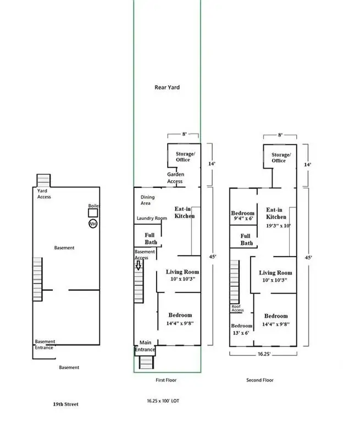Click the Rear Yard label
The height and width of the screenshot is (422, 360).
[x=167, y=87]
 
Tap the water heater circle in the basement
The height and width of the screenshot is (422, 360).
[x=93, y=224]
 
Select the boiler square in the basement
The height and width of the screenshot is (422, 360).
[x=93, y=213]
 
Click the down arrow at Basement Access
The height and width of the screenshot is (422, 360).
[x=138, y=265]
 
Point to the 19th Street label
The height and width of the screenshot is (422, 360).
[x=66, y=404]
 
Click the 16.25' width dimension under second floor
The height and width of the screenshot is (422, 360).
[x=264, y=354]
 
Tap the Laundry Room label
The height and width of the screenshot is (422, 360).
[x=152, y=218]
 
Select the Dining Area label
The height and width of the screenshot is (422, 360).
[x=147, y=200]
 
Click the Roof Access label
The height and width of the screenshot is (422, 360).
[x=237, y=308]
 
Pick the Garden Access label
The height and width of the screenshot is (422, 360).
[x=175, y=177]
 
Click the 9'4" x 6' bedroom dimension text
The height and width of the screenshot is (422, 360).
[x=243, y=218]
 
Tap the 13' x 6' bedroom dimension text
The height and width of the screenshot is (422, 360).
[x=241, y=333]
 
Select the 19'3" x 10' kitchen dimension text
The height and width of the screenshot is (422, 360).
[x=279, y=225]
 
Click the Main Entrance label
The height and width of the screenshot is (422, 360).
[x=145, y=346]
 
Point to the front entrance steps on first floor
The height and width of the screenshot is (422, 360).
[x=146, y=363]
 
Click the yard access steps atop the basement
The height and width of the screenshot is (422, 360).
[x=43, y=180]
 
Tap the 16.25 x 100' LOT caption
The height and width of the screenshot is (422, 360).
[x=163, y=401]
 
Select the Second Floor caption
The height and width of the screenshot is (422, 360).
[x=260, y=380]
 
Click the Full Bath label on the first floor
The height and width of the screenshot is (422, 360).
[x=150, y=238]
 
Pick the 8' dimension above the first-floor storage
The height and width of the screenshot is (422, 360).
[x=184, y=134]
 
